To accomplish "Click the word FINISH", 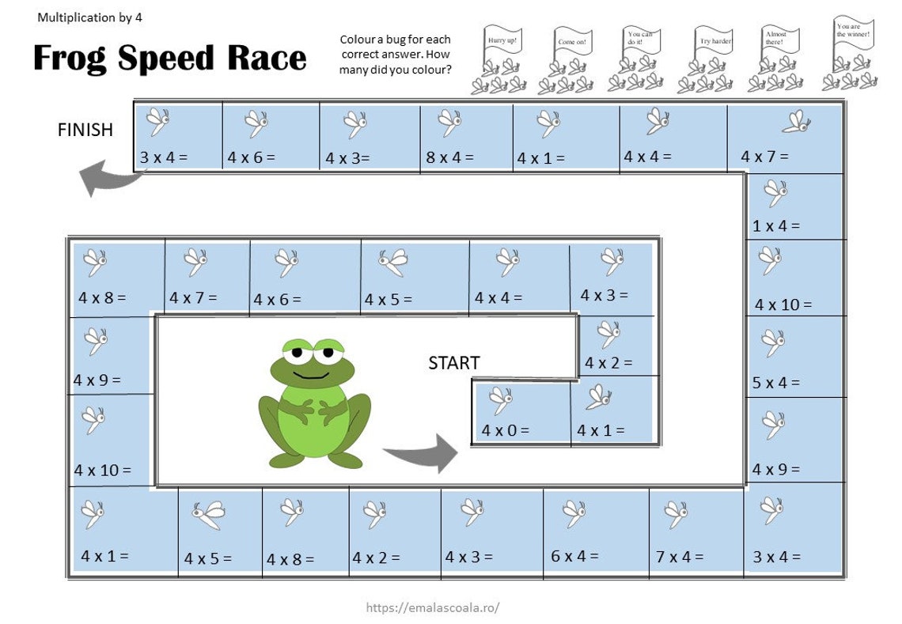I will pyautogui.click(x=85, y=130).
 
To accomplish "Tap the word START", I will pyautogui.click(x=454, y=363).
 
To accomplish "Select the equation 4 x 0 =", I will pyautogui.click(x=506, y=431).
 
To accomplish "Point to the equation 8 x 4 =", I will pyautogui.click(x=449, y=157).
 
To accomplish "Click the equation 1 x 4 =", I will pyautogui.click(x=776, y=226).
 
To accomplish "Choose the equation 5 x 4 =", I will pyautogui.click(x=776, y=383).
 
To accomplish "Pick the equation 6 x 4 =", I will pyautogui.click(x=574, y=556).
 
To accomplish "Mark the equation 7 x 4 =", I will pyautogui.click(x=680, y=557).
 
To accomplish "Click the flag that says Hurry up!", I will pyautogui.click(x=502, y=40).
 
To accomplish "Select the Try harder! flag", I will pyautogui.click(x=714, y=40).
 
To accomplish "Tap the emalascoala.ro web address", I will pyautogui.click(x=433, y=607).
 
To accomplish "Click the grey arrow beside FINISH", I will pyautogui.click(x=109, y=178).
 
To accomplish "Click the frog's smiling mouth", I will pyautogui.click(x=313, y=374).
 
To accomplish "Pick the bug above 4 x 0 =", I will pyautogui.click(x=500, y=399).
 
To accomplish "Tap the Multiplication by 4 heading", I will pyautogui.click(x=89, y=17).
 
